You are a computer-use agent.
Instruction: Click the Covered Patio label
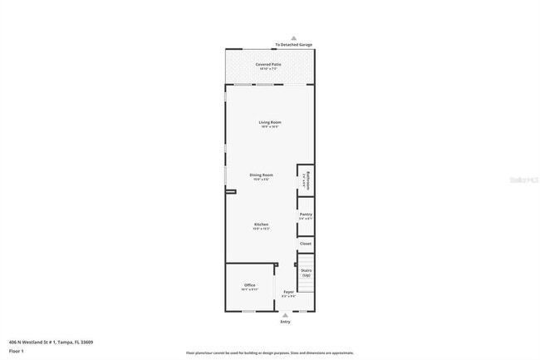point(268,63)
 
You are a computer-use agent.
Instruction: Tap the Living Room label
point(270,122)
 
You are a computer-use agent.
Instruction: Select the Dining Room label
point(262,175)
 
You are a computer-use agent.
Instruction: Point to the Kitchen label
point(261,224)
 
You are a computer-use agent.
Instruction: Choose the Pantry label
point(306,215)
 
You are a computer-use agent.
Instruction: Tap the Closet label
point(306,244)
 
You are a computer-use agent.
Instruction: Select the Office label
point(249,285)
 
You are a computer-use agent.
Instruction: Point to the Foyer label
point(288,292)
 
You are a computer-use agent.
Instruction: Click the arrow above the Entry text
point(285,315)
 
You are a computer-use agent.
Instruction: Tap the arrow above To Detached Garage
point(293,38)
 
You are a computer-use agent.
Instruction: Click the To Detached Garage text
point(293,45)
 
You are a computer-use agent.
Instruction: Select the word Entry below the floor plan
point(285,322)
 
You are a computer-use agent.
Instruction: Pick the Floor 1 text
point(17,351)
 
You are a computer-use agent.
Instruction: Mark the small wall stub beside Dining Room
point(230,190)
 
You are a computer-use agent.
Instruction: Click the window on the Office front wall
point(248,311)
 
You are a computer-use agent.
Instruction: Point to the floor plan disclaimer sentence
point(269,353)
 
